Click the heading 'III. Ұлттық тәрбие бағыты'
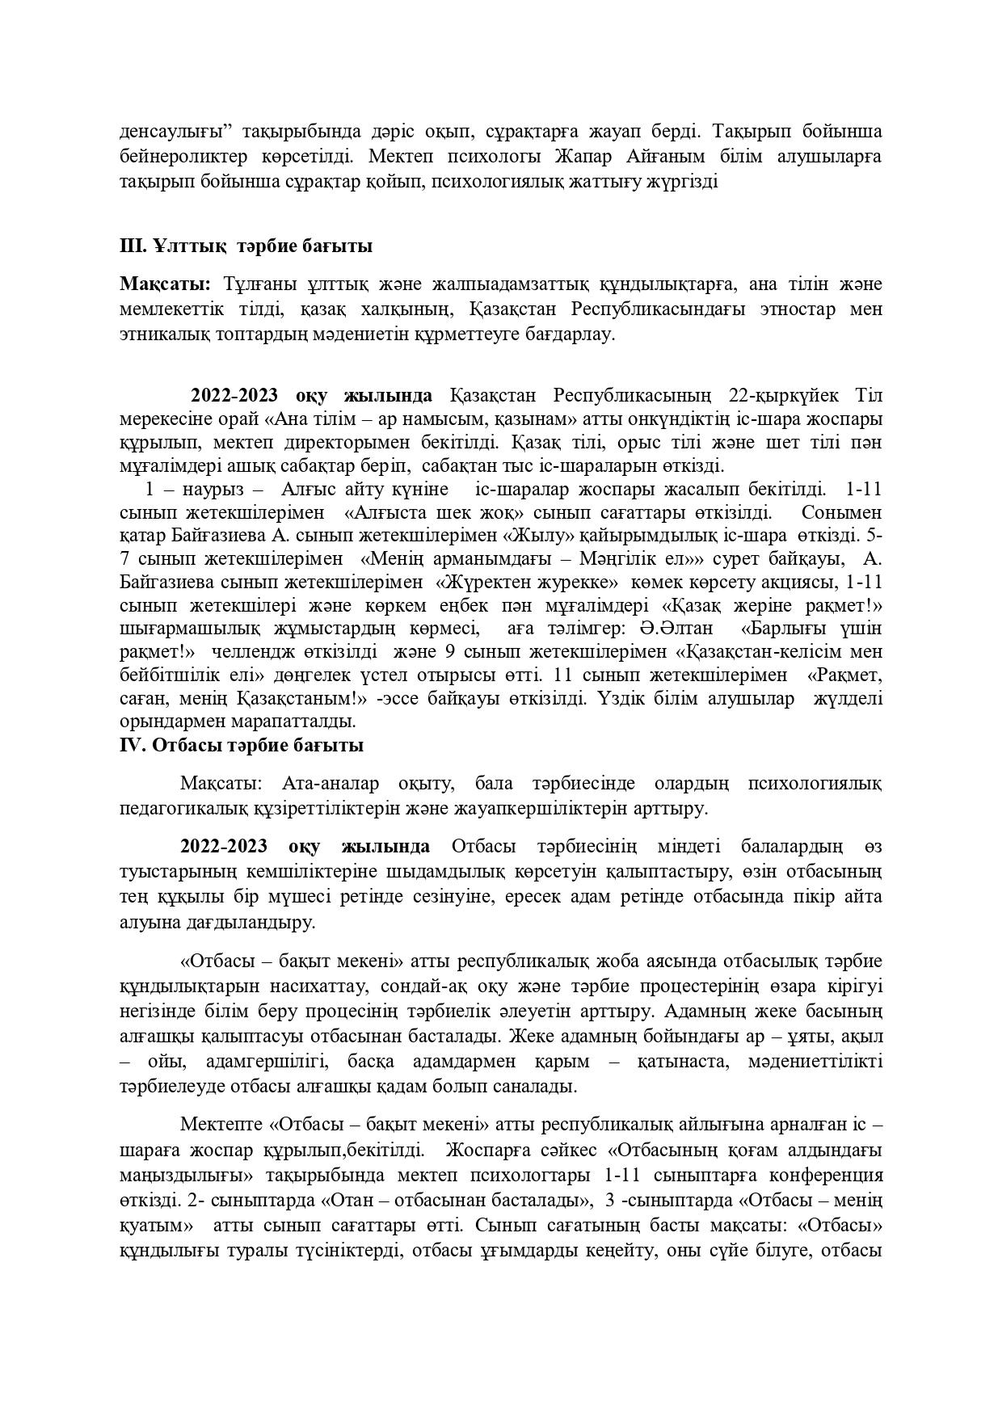[246, 246]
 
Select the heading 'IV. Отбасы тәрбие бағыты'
[241, 745]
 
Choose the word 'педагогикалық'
[175, 806]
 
